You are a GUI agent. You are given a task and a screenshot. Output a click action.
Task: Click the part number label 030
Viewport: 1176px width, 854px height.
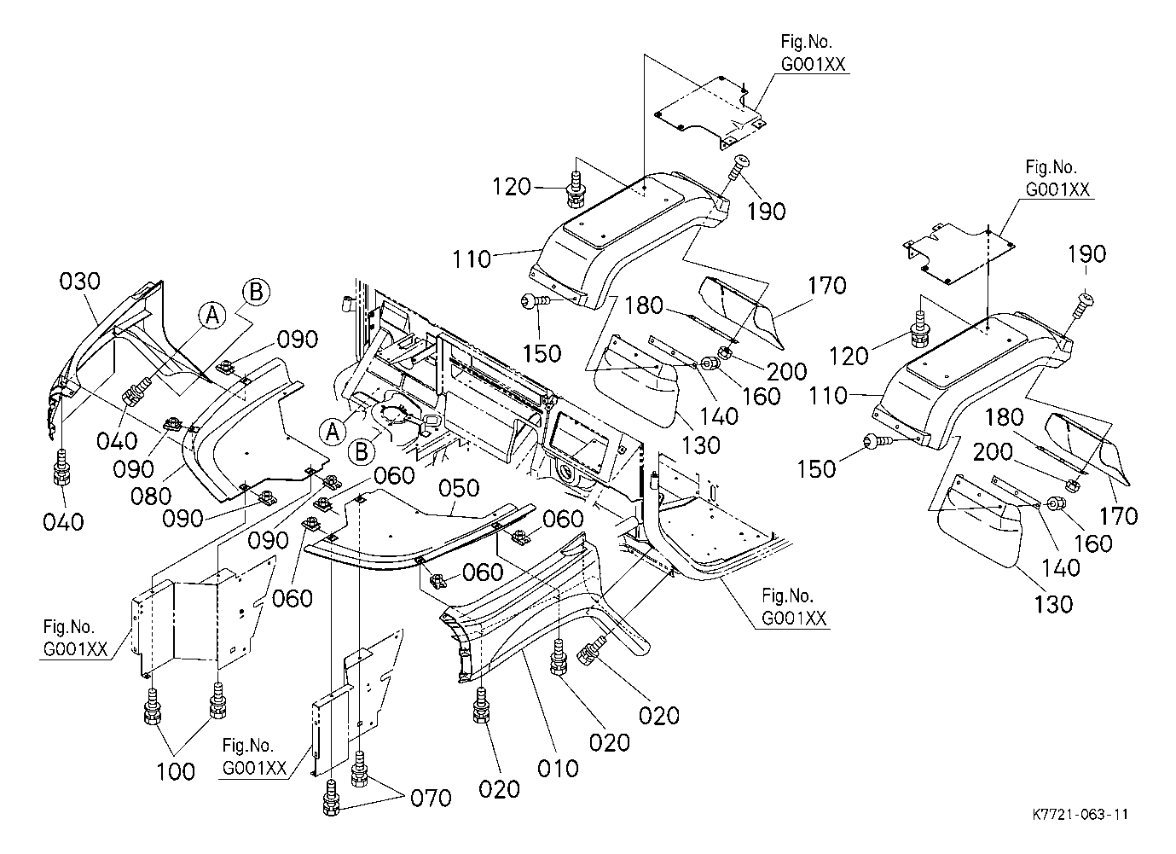coord(79,282)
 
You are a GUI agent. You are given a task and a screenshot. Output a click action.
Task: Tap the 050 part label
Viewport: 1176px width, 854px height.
coord(461,489)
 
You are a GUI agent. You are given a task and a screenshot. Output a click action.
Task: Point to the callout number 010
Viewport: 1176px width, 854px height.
coord(559,768)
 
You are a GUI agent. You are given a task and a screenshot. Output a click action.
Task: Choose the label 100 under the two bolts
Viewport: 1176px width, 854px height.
coord(177,771)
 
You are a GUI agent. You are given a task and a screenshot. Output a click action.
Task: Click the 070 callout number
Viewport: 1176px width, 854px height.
coord(431,799)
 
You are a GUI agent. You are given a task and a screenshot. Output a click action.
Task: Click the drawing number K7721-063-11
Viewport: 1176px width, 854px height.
coord(1078,815)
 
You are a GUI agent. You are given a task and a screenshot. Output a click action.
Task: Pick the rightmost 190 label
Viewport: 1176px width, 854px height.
coord(1086,254)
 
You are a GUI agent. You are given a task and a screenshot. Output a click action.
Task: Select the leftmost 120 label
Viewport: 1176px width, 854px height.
coord(513,186)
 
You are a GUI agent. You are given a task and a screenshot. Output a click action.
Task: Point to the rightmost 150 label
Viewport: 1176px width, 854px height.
coord(818,468)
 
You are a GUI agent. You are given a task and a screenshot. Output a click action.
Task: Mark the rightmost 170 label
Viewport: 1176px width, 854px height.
coord(1119,515)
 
